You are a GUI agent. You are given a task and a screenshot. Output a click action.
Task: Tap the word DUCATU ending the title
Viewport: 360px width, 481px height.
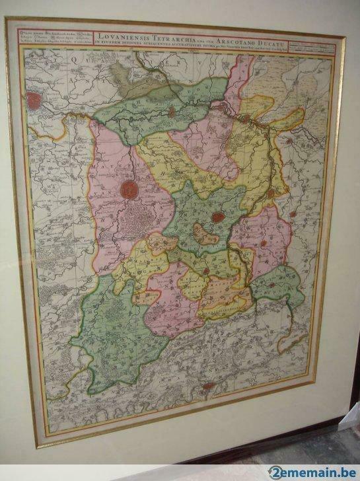[x=283, y=34]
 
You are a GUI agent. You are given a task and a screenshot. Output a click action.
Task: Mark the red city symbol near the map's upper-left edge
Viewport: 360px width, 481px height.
[x=34, y=100]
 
